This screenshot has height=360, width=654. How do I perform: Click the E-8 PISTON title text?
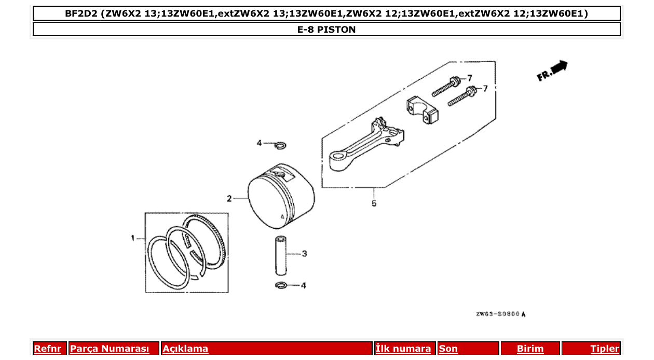click(326, 30)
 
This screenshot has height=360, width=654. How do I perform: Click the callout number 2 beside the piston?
click(229, 198)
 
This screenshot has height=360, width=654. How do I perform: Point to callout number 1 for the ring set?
click(133, 238)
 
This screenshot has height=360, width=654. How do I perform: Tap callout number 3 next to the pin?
click(305, 254)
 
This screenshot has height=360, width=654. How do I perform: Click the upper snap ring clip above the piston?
click(280, 145)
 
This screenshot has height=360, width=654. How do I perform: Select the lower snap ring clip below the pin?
click(281, 285)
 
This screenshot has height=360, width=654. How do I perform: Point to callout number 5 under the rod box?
click(374, 203)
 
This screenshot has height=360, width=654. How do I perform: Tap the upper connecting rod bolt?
click(445, 87)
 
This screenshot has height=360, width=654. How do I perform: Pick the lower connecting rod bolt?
click(462, 97)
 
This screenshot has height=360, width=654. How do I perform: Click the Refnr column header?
click(47, 349)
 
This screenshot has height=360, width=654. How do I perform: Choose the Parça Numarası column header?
click(110, 349)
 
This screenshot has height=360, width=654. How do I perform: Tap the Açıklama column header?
click(185, 349)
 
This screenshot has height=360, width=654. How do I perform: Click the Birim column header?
click(530, 349)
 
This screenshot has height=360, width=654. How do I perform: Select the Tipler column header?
click(605, 349)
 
